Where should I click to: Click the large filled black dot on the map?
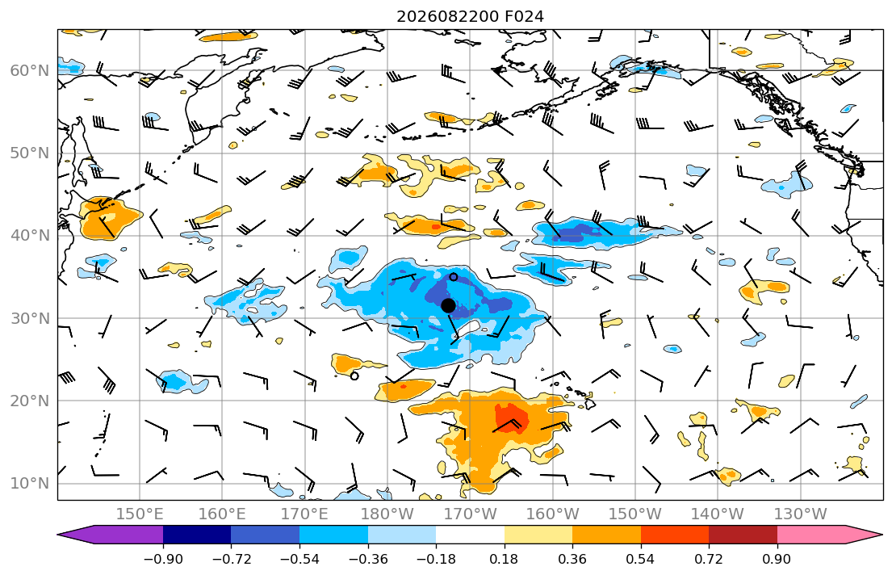pos(448,306)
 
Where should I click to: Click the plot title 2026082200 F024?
pos(470,16)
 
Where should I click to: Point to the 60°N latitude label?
pos(30,70)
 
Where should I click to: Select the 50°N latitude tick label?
pos(30,153)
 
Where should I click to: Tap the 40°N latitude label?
pos(30,236)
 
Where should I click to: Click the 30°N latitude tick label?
pos(30,318)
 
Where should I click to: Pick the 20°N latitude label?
pos(30,401)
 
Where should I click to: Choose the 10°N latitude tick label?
pos(30,484)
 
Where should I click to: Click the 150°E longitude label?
pos(140,514)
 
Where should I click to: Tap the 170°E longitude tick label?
pos(305,514)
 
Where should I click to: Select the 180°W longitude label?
pos(387,514)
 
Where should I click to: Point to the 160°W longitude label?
pos(553,514)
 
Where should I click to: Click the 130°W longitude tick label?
pos(801,514)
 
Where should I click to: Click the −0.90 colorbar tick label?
pos(163,559)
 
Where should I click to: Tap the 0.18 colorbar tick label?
pos(504,559)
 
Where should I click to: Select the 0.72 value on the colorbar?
pos(709,559)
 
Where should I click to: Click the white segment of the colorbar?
pos(470,535)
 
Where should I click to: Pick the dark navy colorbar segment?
pos(197,535)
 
